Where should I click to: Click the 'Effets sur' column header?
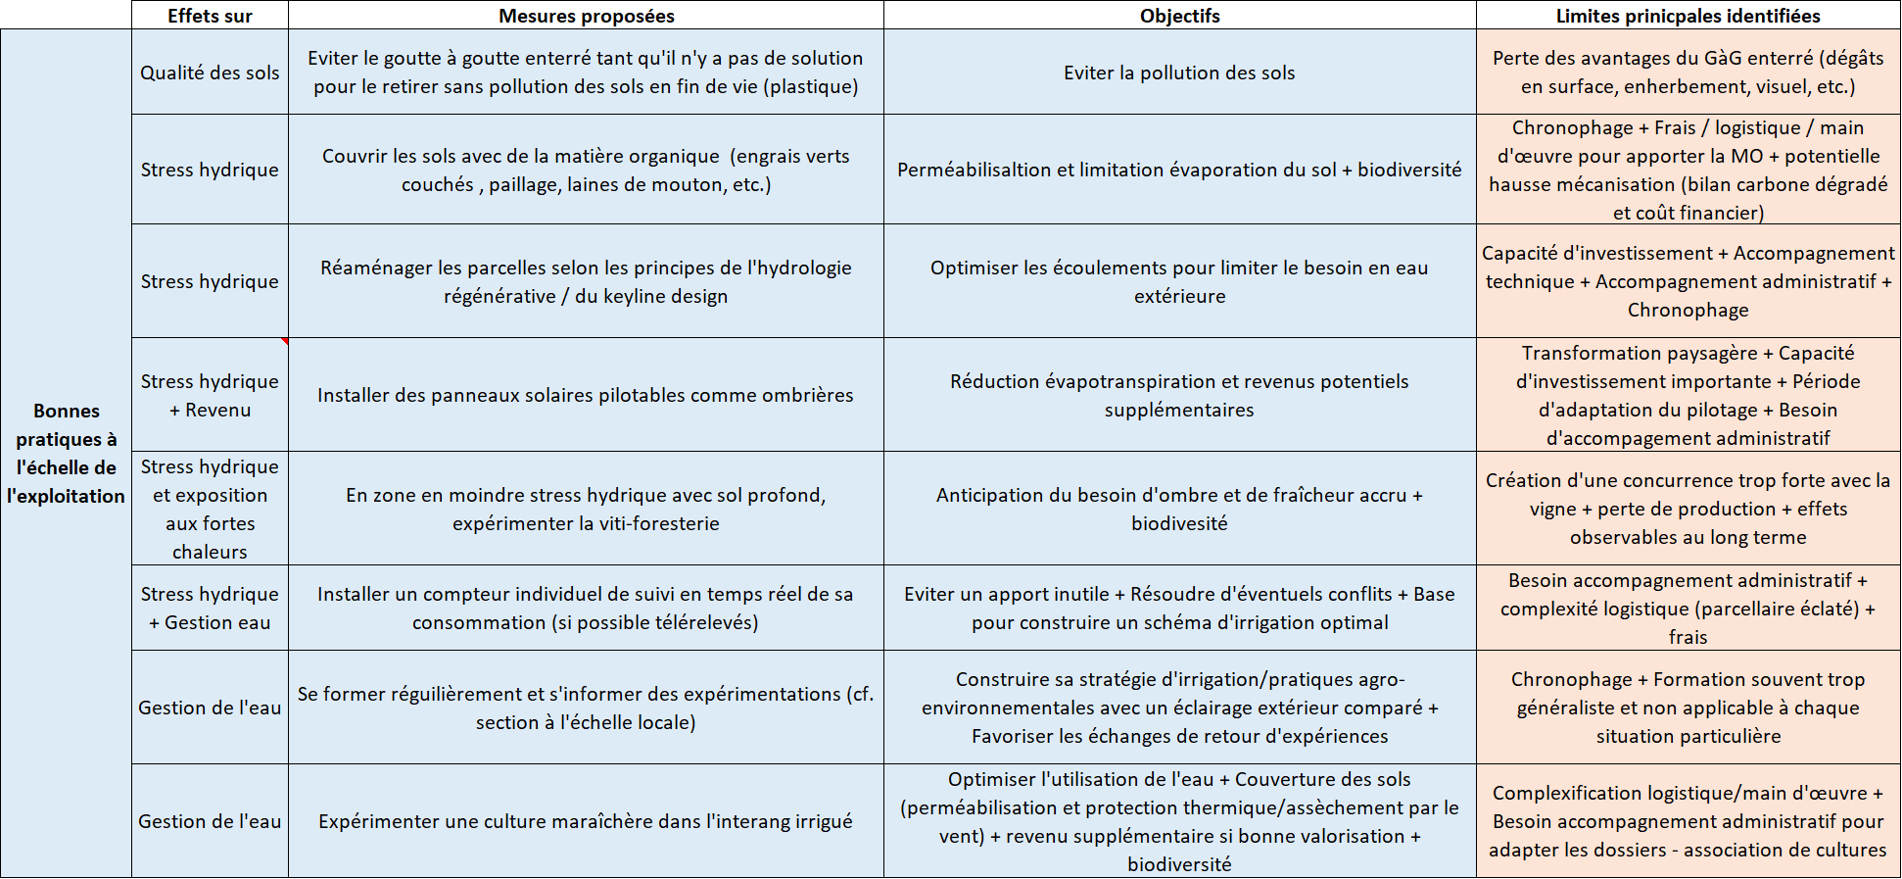(210, 16)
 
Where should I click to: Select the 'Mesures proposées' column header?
(586, 16)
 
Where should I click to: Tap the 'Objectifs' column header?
(1179, 16)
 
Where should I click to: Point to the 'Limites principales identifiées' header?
(1688, 16)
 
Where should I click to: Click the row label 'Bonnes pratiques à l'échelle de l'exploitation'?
(66, 453)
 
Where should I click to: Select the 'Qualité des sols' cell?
(210, 73)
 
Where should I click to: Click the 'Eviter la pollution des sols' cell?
(1179, 73)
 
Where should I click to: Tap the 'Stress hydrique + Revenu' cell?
(210, 395)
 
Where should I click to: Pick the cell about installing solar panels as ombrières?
(586, 395)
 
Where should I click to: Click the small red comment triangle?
(284, 341)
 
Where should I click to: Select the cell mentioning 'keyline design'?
(586, 281)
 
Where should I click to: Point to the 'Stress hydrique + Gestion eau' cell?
(210, 608)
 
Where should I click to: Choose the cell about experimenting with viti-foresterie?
(586, 509)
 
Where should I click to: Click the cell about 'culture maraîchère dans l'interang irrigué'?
(586, 821)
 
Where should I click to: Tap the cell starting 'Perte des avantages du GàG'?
(1688, 73)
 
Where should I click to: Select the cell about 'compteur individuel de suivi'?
(586, 608)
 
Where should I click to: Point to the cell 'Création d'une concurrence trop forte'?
(1688, 509)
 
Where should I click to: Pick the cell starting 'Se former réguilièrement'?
(586, 708)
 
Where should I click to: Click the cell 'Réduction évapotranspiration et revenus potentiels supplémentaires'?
(1179, 395)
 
